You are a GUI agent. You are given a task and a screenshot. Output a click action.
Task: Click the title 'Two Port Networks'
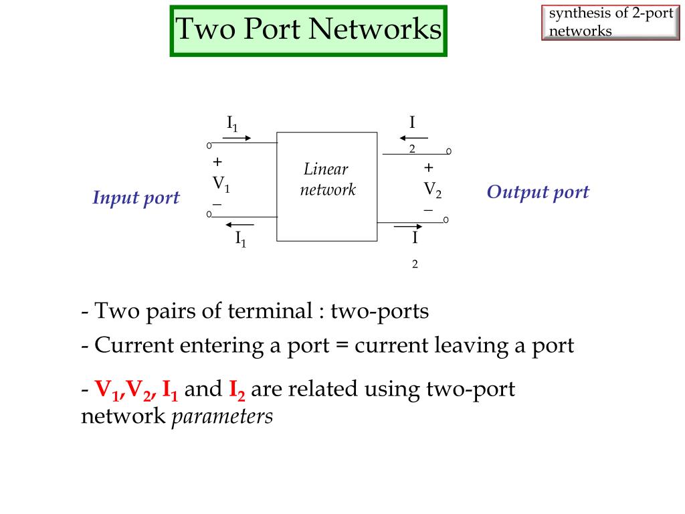[308, 30]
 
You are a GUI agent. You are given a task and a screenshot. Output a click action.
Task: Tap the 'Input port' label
[136, 198]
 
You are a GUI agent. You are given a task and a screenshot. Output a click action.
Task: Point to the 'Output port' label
[538, 193]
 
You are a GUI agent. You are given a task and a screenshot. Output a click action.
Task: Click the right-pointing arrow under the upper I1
[236, 139]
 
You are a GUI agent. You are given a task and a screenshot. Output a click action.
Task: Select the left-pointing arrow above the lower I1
[240, 224]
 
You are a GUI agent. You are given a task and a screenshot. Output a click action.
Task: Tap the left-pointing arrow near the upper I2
[413, 138]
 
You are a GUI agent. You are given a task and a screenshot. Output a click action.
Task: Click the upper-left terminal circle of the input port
[209, 145]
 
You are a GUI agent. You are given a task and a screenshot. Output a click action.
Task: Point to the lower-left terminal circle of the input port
[209, 214]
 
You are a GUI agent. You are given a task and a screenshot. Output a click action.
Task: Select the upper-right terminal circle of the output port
[449, 152]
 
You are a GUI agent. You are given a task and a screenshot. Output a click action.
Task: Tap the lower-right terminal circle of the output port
[446, 220]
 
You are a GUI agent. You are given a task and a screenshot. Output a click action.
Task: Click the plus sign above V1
[217, 162]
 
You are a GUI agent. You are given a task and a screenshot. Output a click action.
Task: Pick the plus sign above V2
[429, 167]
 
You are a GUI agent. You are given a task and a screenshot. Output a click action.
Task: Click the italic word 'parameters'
[223, 416]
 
